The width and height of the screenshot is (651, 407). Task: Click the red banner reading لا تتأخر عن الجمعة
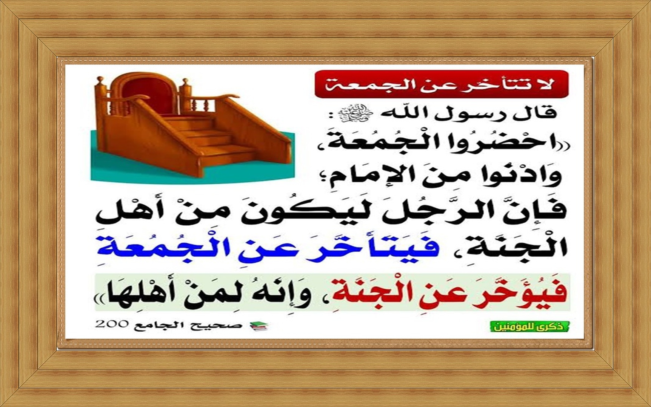point(441,84)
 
